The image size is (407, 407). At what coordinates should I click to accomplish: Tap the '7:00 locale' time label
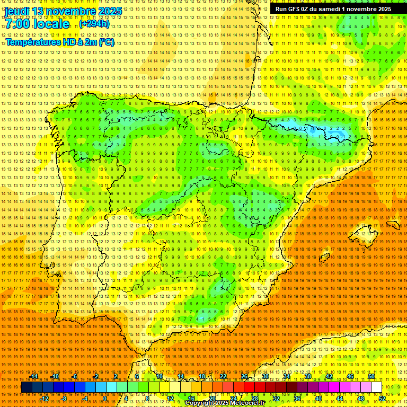coord(37,24)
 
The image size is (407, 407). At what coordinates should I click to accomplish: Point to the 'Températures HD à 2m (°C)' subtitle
coord(60,42)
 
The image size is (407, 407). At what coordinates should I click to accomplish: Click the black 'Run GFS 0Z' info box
coord(333,9)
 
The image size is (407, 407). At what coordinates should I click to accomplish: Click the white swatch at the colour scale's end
coord(376,387)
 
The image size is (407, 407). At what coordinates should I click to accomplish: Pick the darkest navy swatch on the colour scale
coord(26,387)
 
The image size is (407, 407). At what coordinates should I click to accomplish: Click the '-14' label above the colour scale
coord(34,376)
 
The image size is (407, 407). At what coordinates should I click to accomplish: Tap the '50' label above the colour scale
coord(371,376)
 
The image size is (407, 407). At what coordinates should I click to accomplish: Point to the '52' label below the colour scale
coord(382,399)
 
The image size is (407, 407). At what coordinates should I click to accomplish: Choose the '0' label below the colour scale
coord(105,399)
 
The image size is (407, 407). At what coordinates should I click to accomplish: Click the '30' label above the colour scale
coord(265,376)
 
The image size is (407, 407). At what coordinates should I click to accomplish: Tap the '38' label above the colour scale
coord(307,376)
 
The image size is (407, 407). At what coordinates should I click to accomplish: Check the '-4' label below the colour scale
coord(85,399)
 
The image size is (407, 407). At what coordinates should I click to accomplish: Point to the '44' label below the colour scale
coord(340,399)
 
